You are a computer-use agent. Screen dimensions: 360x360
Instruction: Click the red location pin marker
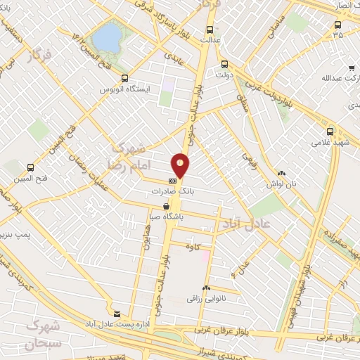[181, 167]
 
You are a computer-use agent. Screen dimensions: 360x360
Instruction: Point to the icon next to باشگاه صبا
[166, 207]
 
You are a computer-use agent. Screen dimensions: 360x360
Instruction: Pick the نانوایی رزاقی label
[205, 298]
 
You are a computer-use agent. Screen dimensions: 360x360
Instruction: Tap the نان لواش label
[282, 183]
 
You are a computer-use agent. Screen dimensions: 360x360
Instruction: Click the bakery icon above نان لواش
[282, 172]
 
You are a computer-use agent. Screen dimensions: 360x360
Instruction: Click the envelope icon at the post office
[117, 313]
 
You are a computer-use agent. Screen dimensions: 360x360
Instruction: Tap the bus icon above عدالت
[210, 30]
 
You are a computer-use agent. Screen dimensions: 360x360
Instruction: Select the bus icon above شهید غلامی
[330, 131]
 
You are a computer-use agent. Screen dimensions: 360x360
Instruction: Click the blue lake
[107, 37]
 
